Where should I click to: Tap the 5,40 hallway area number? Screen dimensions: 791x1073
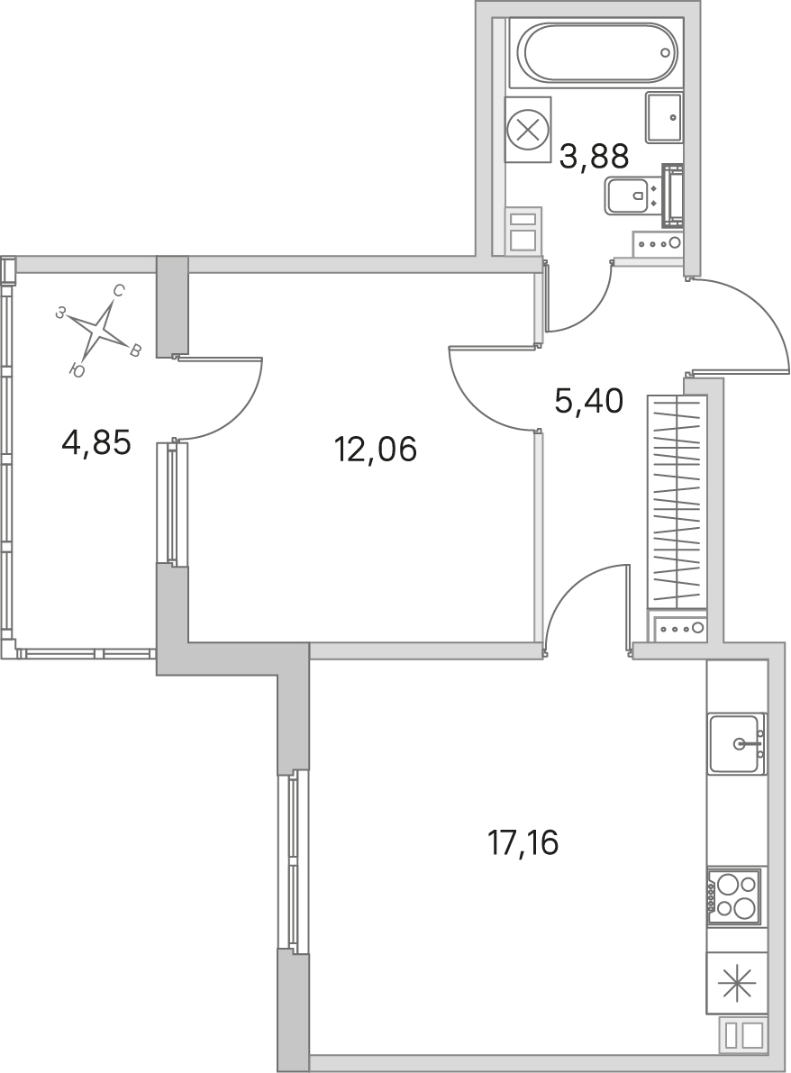point(588,401)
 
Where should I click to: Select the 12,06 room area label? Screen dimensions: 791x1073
point(376,450)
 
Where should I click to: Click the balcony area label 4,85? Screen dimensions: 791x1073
point(95,443)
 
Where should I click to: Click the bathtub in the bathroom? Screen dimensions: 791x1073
point(597,52)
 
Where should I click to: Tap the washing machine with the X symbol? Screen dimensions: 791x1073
point(528,130)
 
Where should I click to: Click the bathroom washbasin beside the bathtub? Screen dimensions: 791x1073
point(664,117)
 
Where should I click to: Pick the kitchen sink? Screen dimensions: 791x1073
point(738,743)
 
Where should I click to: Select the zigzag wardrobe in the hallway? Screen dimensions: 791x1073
point(676,502)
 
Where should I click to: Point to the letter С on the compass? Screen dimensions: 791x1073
point(118,292)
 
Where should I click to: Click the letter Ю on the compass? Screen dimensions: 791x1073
point(77,371)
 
